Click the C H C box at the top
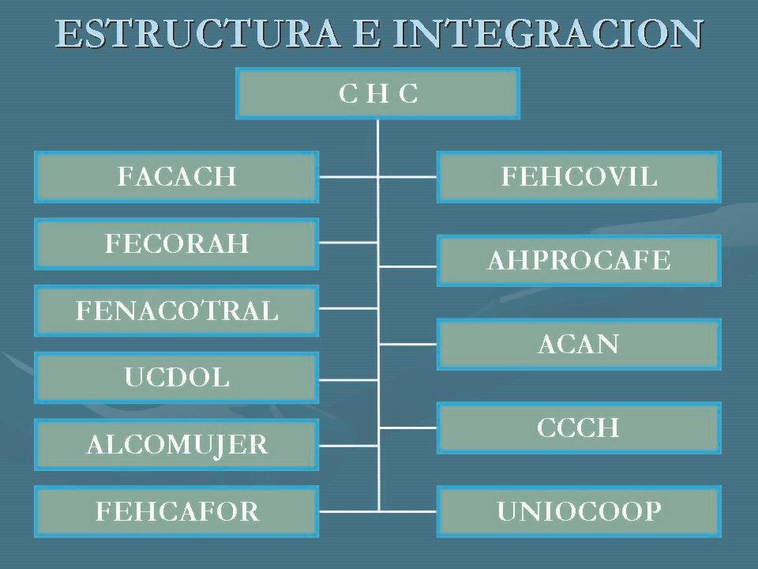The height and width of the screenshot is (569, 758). pos(378,93)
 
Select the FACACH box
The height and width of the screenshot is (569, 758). pos(176,176)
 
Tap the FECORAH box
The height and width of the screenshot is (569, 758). pos(176,243)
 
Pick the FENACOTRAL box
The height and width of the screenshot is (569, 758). pos(176,311)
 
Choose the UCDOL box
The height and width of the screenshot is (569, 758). pos(176,377)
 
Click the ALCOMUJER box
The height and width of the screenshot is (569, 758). pos(176,444)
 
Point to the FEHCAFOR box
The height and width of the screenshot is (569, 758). pos(176,511)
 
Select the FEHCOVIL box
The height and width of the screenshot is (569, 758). pos(579,176)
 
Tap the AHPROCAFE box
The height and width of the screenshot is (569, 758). pos(579,260)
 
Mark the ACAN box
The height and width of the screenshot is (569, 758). pos(579,344)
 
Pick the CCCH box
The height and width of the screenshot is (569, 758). pos(579,428)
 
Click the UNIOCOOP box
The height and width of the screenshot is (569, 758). pos(579,512)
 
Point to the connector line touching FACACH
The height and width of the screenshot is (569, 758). pos(347,177)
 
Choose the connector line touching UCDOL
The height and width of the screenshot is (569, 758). pos(347,378)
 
